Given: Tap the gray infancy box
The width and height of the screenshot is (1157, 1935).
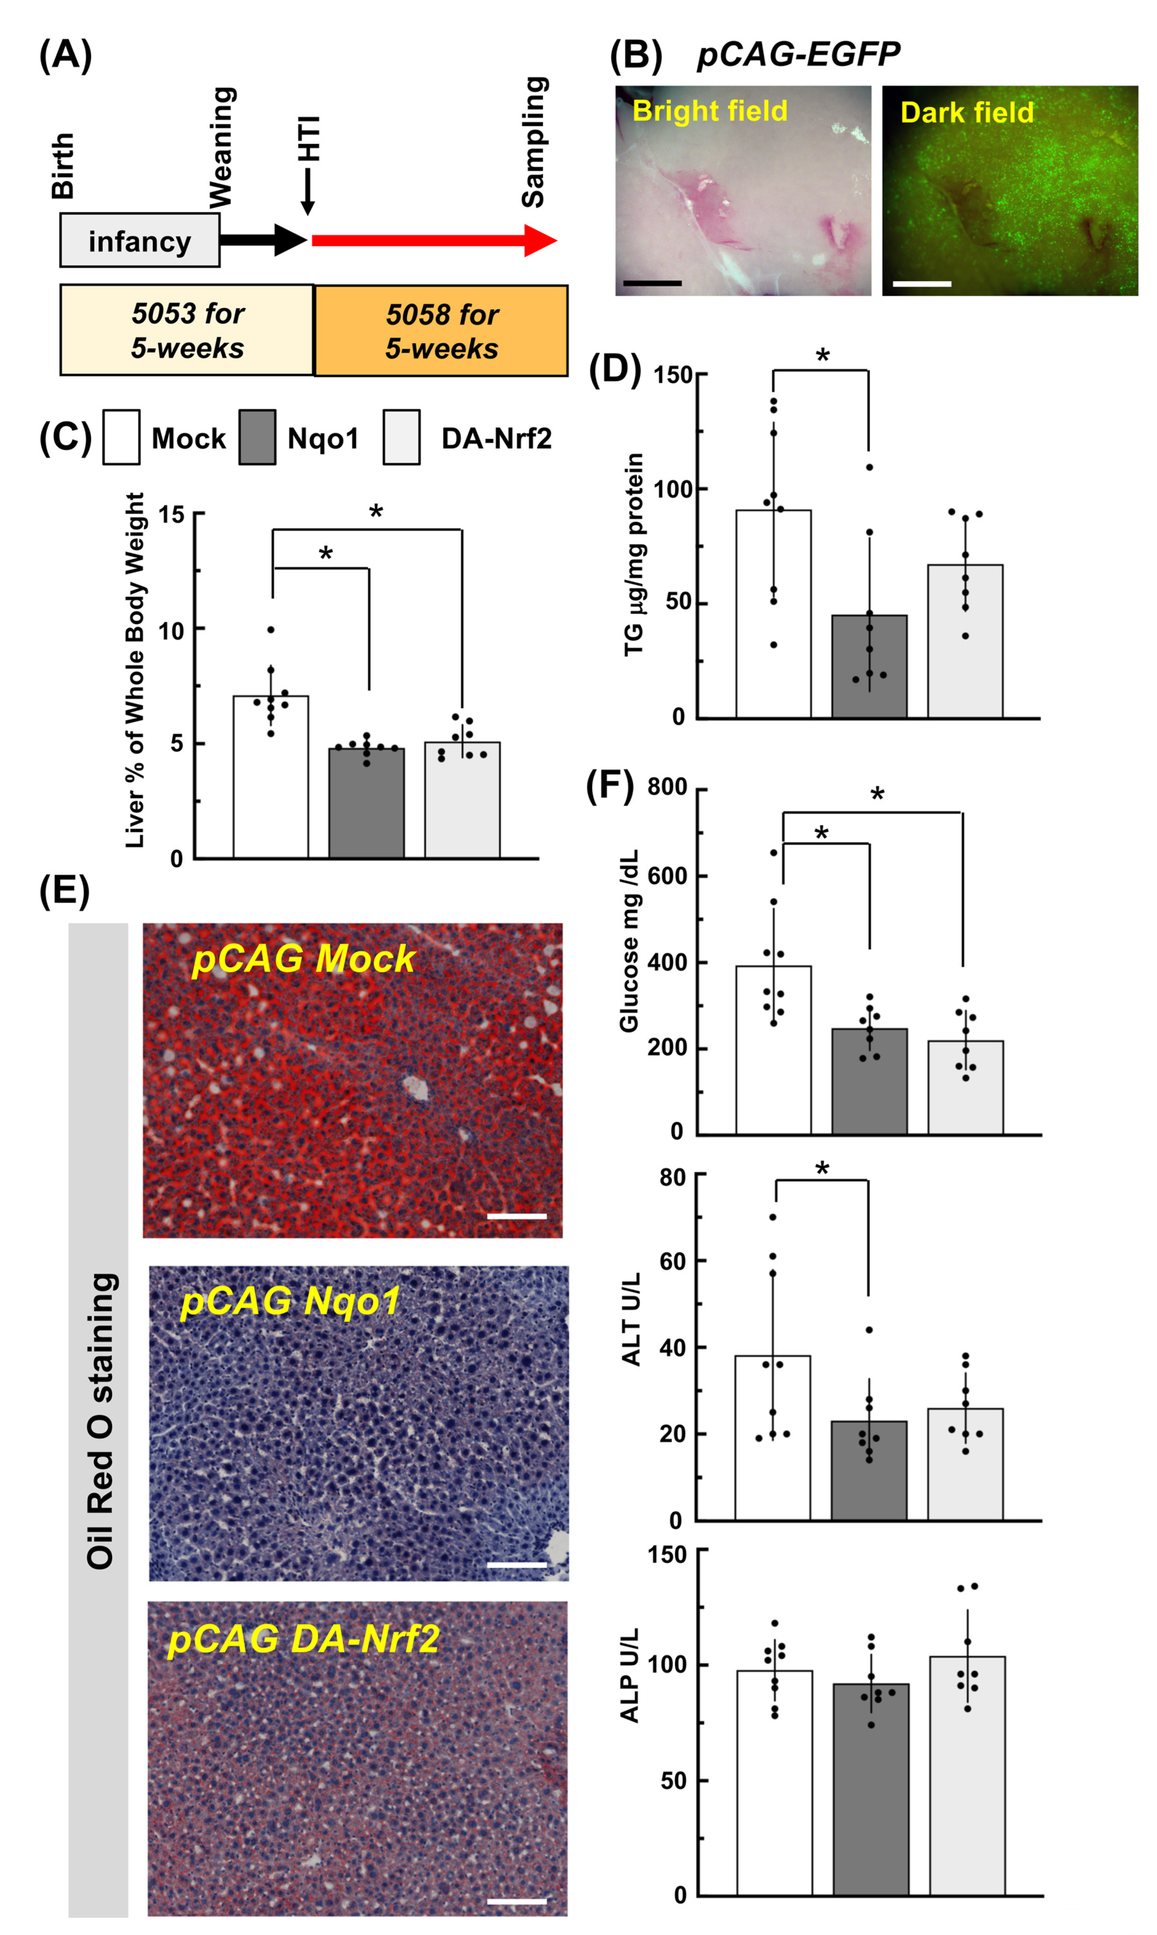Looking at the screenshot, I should pyautogui.click(x=140, y=241).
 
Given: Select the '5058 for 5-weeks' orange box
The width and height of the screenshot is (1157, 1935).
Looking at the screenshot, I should pyautogui.click(x=441, y=330).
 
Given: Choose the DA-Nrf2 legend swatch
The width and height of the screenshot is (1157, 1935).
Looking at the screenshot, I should pyautogui.click(x=401, y=437).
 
